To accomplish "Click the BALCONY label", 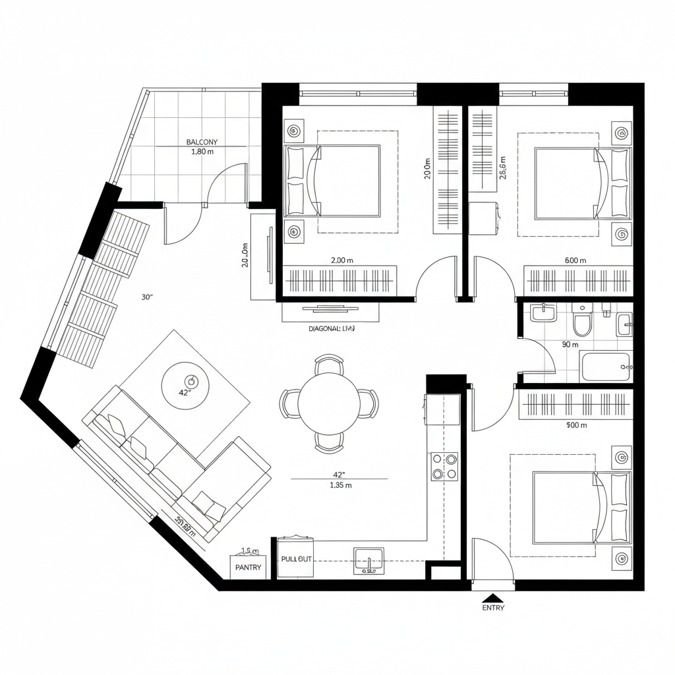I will [x=202, y=142].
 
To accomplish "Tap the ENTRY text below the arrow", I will [x=493, y=608].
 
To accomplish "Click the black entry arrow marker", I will [x=493, y=597].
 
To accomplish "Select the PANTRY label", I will [x=248, y=567].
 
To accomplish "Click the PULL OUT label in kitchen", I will [x=296, y=559].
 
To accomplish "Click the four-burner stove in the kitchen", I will [x=444, y=466].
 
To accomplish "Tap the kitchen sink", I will [x=368, y=561].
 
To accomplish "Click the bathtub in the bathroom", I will [x=606, y=367].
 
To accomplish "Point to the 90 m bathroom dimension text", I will [x=570, y=344].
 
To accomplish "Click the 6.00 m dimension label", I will [x=575, y=260].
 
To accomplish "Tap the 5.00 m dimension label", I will [x=576, y=425].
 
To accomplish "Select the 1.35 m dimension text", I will [x=340, y=486].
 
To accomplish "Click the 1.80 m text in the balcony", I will [x=202, y=152].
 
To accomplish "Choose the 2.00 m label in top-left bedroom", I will [x=341, y=260].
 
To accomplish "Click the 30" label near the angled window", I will [x=147, y=297].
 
